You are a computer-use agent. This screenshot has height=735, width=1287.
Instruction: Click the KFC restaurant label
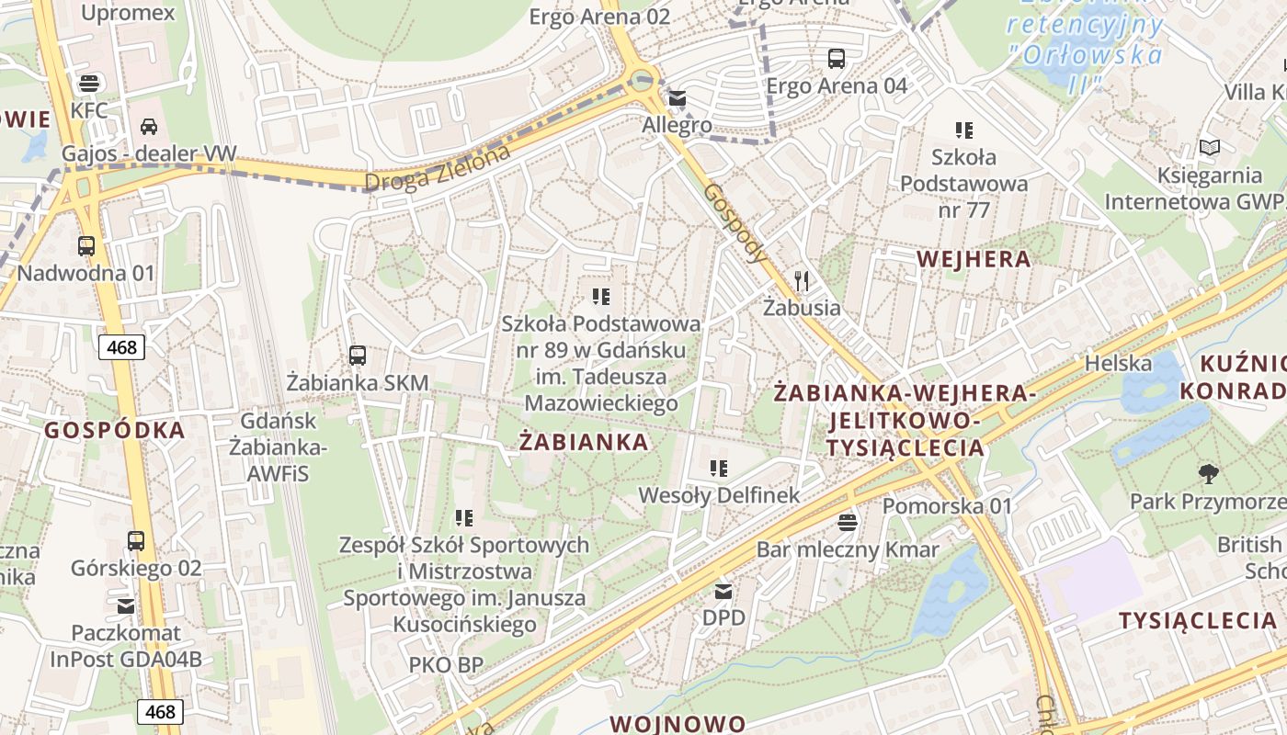coord(89,110)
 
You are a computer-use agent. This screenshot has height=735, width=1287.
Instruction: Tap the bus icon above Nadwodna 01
coord(86,246)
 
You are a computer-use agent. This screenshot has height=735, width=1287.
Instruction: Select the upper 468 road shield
coord(121,347)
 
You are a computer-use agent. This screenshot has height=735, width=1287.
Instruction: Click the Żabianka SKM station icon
coord(358,355)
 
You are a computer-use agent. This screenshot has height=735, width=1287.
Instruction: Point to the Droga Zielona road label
coord(437,170)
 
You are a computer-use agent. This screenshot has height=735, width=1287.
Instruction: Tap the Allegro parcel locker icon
coord(678,97)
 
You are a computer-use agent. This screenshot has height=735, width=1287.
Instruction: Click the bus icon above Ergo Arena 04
coord(837,59)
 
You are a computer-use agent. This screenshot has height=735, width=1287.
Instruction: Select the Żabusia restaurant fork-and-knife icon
coord(802,280)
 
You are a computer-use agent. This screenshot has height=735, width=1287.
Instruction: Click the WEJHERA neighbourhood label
coord(974,259)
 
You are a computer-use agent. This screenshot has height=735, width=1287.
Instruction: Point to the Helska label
coord(1118,363)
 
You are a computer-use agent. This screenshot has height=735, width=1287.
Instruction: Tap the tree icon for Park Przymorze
coord(1209,474)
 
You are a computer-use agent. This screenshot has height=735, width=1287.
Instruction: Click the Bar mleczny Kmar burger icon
coord(848,522)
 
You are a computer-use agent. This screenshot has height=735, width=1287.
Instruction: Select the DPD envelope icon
coord(723,591)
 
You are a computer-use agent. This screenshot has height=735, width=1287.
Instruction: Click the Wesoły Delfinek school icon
coord(719,469)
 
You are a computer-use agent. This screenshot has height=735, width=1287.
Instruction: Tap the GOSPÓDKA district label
coord(115,430)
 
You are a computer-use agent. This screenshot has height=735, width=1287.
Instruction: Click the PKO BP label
coord(446,664)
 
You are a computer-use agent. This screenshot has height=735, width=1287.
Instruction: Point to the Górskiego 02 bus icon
coord(136,540)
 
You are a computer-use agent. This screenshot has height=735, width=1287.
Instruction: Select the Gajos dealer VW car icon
coord(149,126)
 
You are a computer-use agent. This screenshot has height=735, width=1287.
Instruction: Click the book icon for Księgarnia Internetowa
coord(1210,147)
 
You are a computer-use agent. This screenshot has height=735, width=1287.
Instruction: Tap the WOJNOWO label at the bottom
coord(678,723)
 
